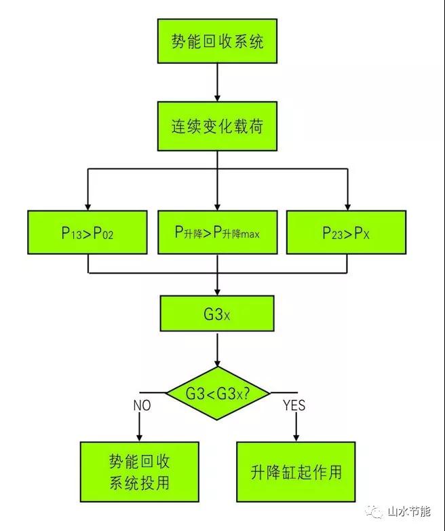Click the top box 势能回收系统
216,43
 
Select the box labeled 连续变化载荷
216,126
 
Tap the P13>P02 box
88,232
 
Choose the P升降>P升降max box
216,232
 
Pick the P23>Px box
346,232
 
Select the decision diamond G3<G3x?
216,392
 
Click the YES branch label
293,406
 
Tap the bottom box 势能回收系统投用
139,473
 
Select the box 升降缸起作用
296,473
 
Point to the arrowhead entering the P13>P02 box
88,205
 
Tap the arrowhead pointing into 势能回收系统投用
139,436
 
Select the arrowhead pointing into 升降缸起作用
296,436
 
